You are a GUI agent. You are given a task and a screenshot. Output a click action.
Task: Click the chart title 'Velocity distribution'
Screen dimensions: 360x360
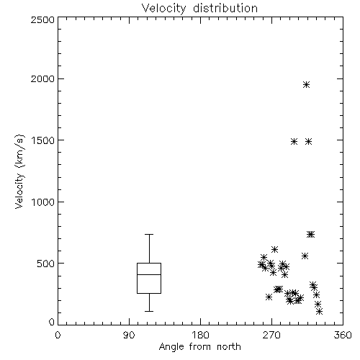(x=199, y=8)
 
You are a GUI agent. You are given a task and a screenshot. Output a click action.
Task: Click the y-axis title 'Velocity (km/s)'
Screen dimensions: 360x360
(x=19, y=171)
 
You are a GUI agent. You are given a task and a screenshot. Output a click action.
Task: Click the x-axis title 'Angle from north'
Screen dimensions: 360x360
(x=199, y=347)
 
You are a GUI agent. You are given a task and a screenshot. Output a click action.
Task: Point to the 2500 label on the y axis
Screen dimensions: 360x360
(x=42, y=19)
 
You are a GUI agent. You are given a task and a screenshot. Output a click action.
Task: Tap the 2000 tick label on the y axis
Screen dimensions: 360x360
(x=42, y=78)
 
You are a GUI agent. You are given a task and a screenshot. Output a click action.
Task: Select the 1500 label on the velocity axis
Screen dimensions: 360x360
(x=43, y=140)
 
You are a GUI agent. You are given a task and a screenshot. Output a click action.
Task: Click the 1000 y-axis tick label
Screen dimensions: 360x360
(x=43, y=202)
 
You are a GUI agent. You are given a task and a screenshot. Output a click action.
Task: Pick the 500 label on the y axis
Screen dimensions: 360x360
(x=46, y=264)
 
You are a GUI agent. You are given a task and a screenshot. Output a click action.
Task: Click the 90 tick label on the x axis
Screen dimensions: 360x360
(x=129, y=335)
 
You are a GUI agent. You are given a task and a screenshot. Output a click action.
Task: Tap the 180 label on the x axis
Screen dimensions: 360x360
(x=200, y=335)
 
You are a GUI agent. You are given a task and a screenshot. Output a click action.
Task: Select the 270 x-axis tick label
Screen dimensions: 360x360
(x=271, y=335)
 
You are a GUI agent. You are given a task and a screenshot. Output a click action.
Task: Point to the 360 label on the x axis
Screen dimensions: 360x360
(x=343, y=335)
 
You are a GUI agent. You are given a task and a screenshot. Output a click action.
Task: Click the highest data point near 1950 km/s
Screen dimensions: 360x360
(x=306, y=85)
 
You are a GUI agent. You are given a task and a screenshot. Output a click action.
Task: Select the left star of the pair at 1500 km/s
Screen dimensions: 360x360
(x=294, y=142)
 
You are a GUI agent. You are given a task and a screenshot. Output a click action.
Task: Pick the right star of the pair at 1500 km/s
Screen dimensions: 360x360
(x=309, y=142)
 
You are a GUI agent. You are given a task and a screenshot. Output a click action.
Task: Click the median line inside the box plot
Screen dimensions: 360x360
(x=149, y=274)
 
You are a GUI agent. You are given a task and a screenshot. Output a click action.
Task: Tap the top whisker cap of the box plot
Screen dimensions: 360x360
(x=149, y=234)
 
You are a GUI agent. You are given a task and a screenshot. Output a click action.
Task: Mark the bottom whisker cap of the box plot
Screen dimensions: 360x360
(x=149, y=311)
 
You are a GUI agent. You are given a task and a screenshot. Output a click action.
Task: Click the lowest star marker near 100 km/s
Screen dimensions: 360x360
(x=319, y=312)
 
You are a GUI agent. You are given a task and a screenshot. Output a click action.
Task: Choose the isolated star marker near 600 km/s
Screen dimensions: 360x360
(x=274, y=249)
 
